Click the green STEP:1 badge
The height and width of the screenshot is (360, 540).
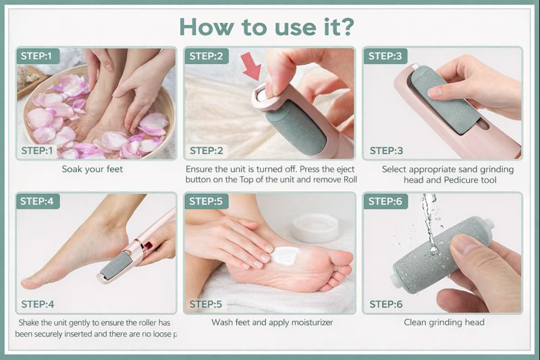pyautogui.click(x=40, y=56)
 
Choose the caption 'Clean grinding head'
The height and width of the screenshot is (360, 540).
pyautogui.click(x=443, y=322)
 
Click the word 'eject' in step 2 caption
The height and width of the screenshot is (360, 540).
pyautogui.click(x=343, y=169)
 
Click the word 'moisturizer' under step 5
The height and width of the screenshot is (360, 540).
pyautogui.click(x=308, y=322)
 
